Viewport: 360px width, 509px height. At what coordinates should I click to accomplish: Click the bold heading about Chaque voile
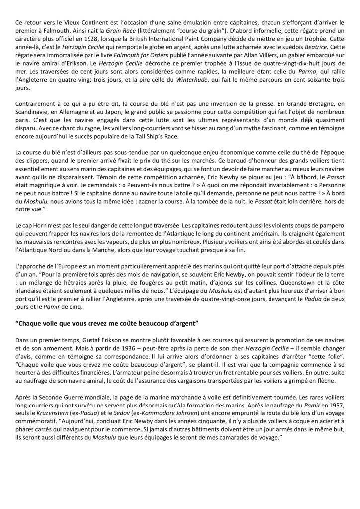click(x=107, y=309)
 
